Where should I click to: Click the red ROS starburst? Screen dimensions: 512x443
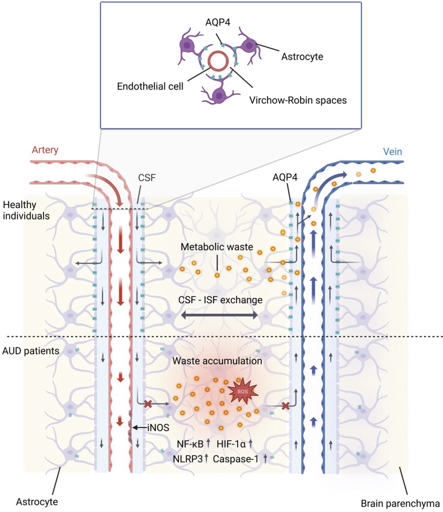click(x=243, y=391)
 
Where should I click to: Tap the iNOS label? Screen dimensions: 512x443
click(x=158, y=428)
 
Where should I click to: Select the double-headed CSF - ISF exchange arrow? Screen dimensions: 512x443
click(x=219, y=315)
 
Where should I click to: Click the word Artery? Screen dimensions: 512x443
click(x=45, y=150)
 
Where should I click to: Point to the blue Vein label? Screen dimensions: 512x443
click(x=392, y=152)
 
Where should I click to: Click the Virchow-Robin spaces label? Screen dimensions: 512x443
click(x=298, y=100)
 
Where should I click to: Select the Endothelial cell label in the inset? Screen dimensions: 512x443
click(x=150, y=86)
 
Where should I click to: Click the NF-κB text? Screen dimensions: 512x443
click(x=190, y=444)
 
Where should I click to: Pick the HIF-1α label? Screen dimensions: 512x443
click(x=231, y=444)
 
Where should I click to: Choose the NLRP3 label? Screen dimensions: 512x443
click(x=187, y=459)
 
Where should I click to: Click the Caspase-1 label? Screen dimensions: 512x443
click(x=235, y=459)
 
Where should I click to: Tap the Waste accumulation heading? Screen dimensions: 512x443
click(x=217, y=361)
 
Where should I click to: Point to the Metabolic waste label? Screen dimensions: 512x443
click(x=217, y=247)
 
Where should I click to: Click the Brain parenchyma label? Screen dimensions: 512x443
click(x=400, y=503)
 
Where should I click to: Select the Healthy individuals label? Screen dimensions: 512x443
click(x=26, y=210)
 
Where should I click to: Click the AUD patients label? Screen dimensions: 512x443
click(x=31, y=351)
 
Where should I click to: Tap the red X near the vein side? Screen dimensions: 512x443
click(x=285, y=405)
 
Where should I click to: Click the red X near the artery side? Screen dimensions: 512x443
click(x=148, y=404)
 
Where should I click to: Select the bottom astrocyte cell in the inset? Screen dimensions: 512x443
click(x=219, y=95)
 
